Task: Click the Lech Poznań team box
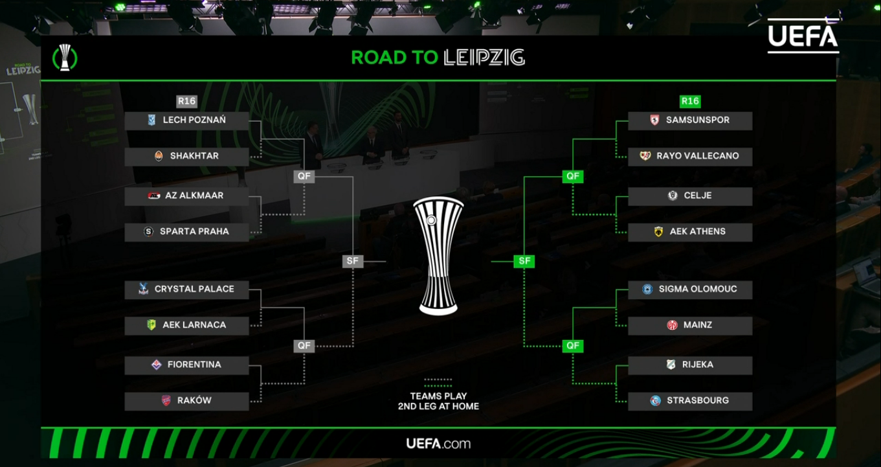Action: coord(186,120)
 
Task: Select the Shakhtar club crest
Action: coord(159,156)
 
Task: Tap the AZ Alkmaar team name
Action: coord(194,196)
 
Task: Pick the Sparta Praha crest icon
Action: coord(148,232)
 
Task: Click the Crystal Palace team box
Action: coord(186,290)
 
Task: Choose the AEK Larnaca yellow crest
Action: coord(151,325)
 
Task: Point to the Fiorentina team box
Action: coord(186,365)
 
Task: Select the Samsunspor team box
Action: coord(690,120)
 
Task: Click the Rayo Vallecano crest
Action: coord(645,156)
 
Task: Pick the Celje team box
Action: coord(690,196)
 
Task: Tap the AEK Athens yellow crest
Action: coord(658,232)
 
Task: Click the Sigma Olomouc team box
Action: coord(690,290)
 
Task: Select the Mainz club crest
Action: coord(672,325)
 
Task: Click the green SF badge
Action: coord(524,261)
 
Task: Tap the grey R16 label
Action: coord(186,101)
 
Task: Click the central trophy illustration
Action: coord(438,256)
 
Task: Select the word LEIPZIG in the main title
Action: coord(484,58)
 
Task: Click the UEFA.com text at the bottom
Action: coord(438,444)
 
